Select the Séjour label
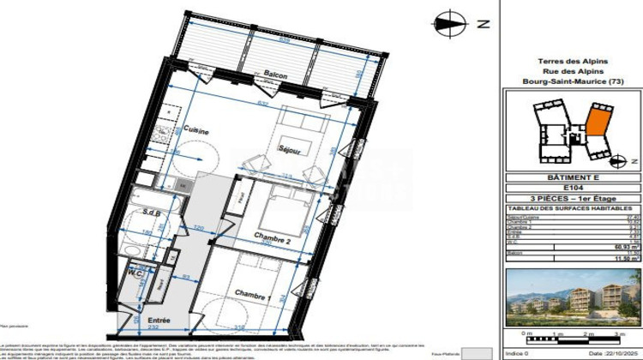pos(289,149)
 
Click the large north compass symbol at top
pos(447,24)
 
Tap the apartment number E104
pos(573,188)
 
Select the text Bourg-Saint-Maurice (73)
pos(573,81)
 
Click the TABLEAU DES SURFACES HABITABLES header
pos(573,208)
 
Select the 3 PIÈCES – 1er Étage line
pos(573,198)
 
